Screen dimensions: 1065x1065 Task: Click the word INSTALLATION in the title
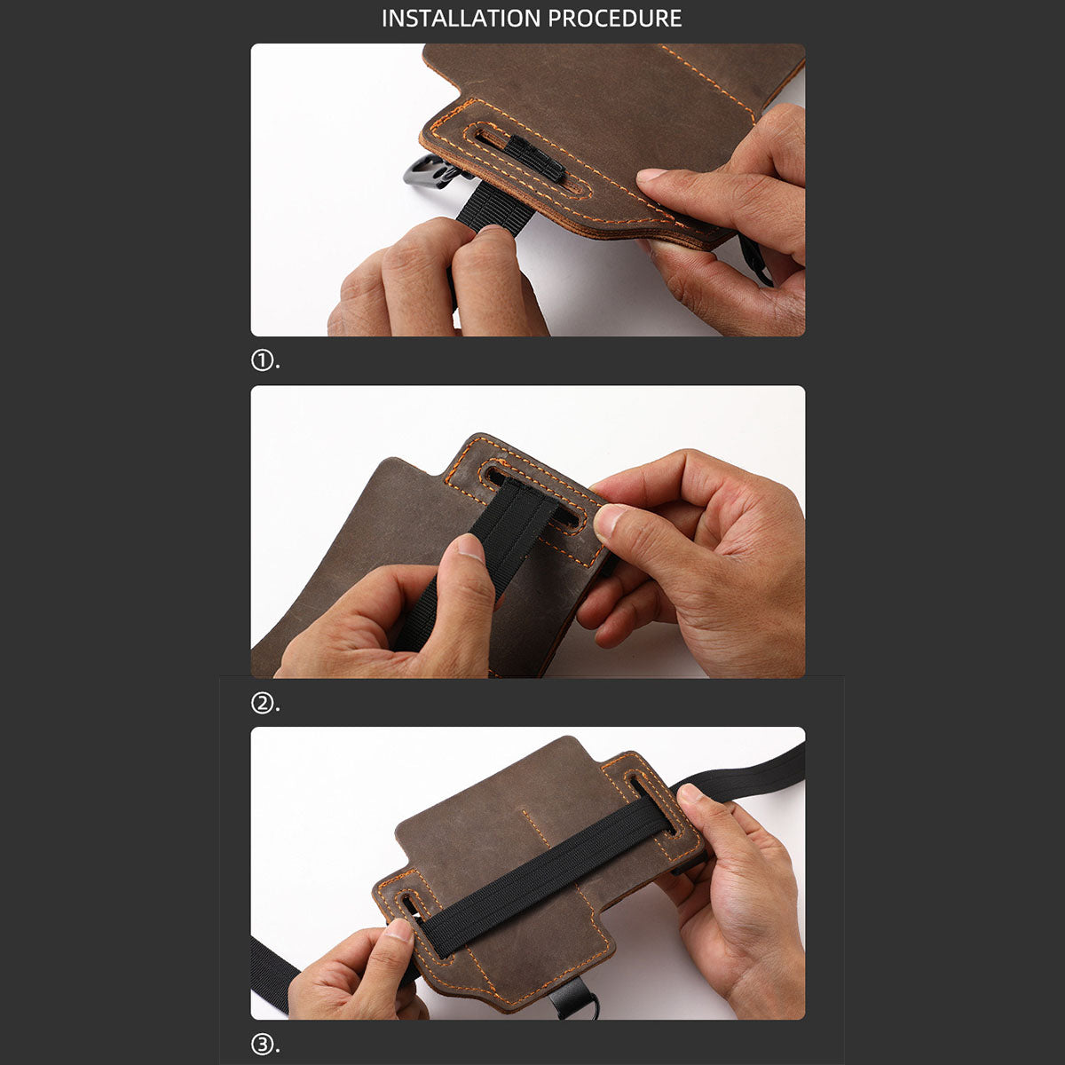point(461,19)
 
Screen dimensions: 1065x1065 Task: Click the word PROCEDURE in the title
point(614,19)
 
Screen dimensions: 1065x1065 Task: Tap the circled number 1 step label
point(261,361)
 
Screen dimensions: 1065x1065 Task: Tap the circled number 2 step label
point(261,703)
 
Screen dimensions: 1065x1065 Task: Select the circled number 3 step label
point(261,1045)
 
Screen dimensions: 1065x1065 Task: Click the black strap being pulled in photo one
point(480,208)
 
